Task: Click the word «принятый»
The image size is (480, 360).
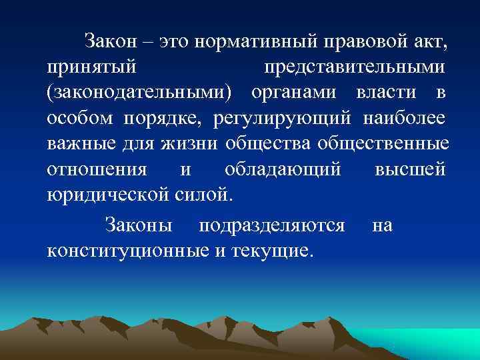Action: (91, 68)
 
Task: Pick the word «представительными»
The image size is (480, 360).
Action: (355, 68)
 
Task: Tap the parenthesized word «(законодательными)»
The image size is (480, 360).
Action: (141, 93)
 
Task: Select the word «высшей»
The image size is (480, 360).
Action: (410, 169)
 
